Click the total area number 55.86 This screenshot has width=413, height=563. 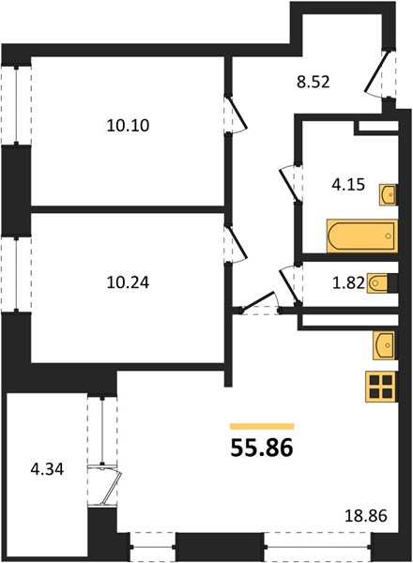pyautogui.click(x=262, y=449)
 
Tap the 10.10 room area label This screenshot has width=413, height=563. pyautogui.click(x=128, y=126)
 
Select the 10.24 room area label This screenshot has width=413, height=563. pyautogui.click(x=128, y=282)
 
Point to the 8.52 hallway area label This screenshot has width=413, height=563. pyautogui.click(x=314, y=83)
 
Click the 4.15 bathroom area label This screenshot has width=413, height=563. pyautogui.click(x=348, y=185)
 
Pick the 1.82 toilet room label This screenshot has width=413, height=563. pyautogui.click(x=349, y=283)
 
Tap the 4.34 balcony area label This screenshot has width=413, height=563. pyautogui.click(x=47, y=469)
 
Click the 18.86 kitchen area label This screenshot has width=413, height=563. pyautogui.click(x=366, y=516)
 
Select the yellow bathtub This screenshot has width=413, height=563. pyautogui.click(x=362, y=236)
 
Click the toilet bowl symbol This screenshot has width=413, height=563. pyautogui.click(x=377, y=283)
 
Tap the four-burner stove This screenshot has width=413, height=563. pyautogui.click(x=381, y=387)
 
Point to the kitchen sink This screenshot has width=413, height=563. pyautogui.click(x=384, y=345)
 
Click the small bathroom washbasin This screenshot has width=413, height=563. pyautogui.click(x=388, y=195)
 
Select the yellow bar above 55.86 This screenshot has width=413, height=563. pyautogui.click(x=262, y=426)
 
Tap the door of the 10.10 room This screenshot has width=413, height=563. pyautogui.click(x=237, y=114)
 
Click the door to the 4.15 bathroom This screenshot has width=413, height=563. pyautogui.click(x=289, y=182)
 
